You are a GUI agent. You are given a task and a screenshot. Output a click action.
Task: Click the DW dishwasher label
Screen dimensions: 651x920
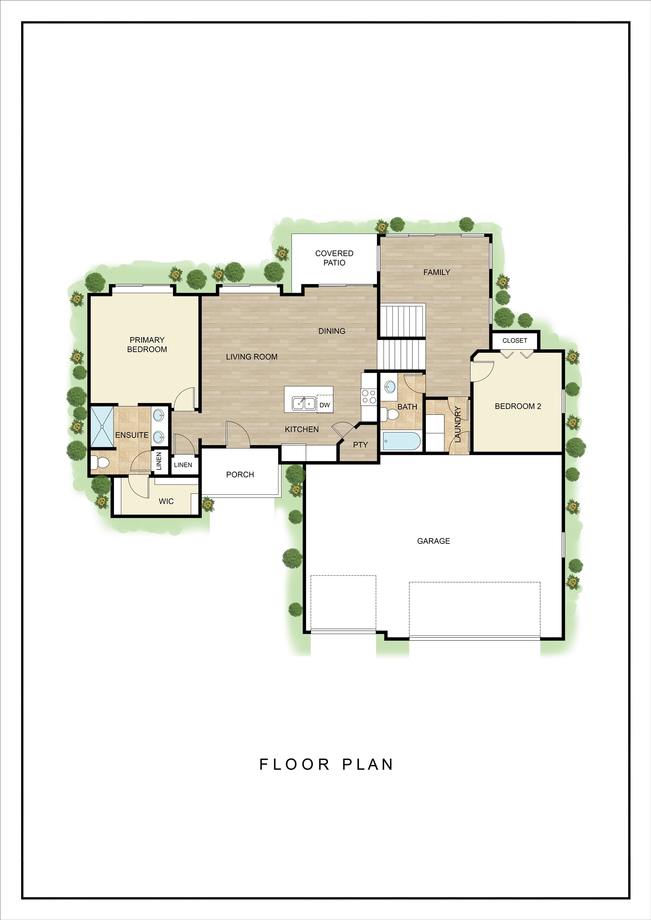point(325,405)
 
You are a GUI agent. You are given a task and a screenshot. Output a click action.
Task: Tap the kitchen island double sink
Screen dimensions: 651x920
point(304,403)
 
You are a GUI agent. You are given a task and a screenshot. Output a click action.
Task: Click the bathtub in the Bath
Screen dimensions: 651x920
point(401,441)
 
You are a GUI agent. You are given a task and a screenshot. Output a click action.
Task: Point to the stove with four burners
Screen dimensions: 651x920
point(369,397)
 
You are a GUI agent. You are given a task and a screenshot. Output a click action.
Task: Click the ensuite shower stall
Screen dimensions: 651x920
point(102,426)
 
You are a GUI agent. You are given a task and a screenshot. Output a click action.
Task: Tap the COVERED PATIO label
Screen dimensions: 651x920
point(334,258)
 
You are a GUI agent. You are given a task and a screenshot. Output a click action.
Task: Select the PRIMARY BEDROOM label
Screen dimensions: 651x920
point(147,345)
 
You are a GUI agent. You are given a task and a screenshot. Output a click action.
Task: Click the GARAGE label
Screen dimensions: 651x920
point(433,541)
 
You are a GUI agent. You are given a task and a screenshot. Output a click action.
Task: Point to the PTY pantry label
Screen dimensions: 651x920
point(360,445)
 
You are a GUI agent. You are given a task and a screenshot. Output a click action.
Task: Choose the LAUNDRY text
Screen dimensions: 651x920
point(457,424)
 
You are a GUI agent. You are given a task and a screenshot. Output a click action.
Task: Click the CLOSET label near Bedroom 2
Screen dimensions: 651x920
point(515,341)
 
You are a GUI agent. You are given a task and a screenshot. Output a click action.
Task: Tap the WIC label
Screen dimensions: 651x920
point(166,501)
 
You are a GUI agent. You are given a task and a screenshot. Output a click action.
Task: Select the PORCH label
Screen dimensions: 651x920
point(240,474)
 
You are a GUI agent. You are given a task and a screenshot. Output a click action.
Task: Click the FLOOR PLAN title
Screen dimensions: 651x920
point(326,765)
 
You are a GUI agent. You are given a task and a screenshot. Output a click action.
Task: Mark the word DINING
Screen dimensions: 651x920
point(332,331)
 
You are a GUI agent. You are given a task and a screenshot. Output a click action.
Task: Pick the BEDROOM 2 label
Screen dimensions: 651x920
point(518,406)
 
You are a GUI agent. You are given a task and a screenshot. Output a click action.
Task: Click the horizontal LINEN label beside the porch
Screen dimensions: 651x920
point(183,465)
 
